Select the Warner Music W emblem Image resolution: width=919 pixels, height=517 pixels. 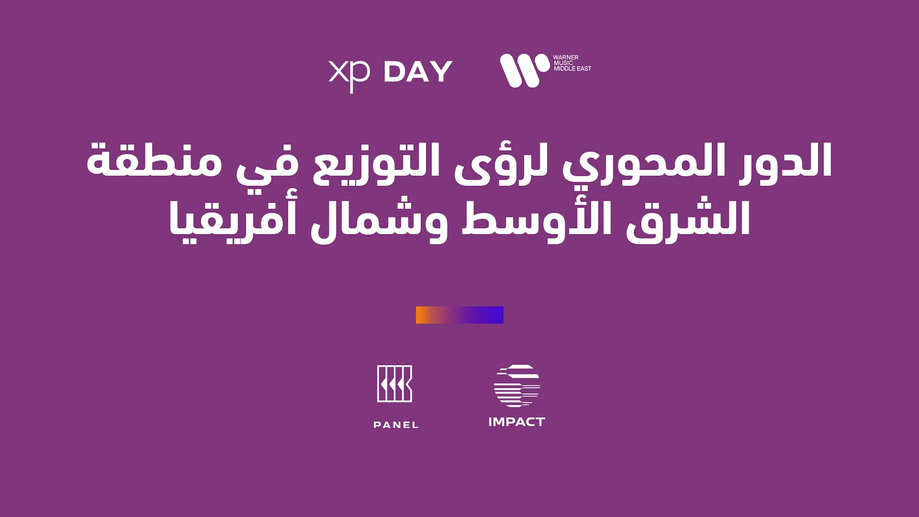coord(524,70)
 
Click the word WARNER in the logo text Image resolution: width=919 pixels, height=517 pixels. coord(566,57)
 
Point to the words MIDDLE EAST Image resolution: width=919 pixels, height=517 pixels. coord(572,68)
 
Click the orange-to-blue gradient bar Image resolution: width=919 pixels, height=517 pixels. coord(459,315)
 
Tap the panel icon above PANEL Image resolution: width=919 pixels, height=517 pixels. coord(395,383)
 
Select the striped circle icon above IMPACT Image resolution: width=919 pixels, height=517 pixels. coord(517,386)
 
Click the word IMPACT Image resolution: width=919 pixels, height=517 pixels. coord(517,422)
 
